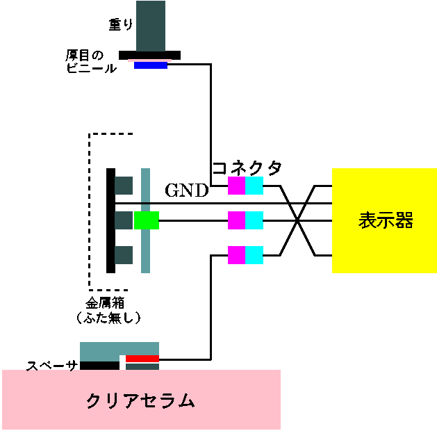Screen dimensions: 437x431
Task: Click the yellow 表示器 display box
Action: [384, 220]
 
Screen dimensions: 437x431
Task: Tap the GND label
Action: [187, 190]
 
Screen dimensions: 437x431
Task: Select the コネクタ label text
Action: [247, 168]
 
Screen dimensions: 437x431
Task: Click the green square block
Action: [147, 220]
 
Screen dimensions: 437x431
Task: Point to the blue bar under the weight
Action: [151, 65]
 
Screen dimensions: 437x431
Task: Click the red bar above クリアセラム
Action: [142, 359]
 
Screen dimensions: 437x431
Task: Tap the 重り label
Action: [121, 24]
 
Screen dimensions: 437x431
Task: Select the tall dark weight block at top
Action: [151, 26]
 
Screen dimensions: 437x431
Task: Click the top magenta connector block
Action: [237, 186]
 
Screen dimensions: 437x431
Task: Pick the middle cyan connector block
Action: [254, 220]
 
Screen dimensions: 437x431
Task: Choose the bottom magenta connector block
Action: [237, 255]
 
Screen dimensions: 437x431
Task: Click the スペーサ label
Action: [52, 366]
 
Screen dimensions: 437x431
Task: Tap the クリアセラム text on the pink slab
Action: [140, 400]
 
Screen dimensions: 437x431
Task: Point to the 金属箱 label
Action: [104, 303]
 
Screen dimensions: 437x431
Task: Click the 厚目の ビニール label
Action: [91, 62]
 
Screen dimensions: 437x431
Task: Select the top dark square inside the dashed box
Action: [124, 186]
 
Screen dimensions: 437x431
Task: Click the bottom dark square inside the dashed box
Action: [124, 255]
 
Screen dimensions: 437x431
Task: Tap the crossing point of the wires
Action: [297, 220]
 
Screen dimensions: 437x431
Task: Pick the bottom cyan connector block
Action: [254, 255]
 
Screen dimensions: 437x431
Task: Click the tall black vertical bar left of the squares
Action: [110, 220]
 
